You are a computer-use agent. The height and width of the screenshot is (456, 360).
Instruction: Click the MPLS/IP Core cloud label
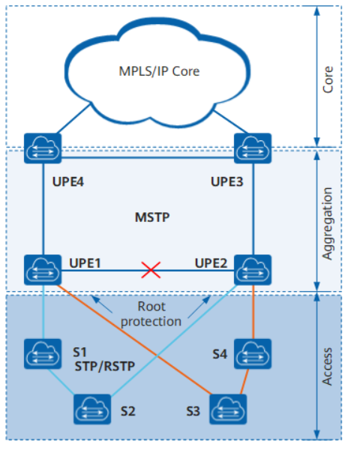pyautogui.click(x=159, y=71)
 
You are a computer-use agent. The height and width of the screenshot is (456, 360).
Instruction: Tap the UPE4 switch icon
pyautogui.click(x=43, y=148)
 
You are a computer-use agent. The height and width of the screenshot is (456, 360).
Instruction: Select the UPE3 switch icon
pyautogui.click(x=253, y=148)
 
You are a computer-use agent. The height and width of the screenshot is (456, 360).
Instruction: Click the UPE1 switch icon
pyautogui.click(x=43, y=270)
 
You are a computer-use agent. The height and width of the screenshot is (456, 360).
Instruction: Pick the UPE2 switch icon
pyautogui.click(x=253, y=270)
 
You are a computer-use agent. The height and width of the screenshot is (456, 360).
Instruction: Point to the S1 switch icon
pyautogui.click(x=43, y=354)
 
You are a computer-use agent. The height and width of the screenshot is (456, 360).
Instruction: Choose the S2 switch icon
pyautogui.click(x=92, y=409)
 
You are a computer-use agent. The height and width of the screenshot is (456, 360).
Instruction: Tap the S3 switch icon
pyautogui.click(x=228, y=409)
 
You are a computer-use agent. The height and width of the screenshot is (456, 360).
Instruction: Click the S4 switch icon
pyautogui.click(x=253, y=354)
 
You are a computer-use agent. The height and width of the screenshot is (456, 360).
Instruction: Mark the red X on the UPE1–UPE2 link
pyautogui.click(x=151, y=270)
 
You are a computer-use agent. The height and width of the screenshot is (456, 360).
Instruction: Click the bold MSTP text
pyautogui.click(x=152, y=217)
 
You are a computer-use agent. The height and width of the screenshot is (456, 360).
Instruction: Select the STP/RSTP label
pyautogui.click(x=105, y=366)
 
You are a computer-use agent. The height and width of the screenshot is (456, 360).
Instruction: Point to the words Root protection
pyautogui.click(x=151, y=314)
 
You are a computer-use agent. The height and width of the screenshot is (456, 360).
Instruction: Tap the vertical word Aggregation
pyautogui.click(x=328, y=223)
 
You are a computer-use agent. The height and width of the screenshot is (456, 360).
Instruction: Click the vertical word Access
pyautogui.click(x=328, y=367)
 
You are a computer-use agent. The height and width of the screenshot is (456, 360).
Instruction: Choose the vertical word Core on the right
pyautogui.click(x=328, y=79)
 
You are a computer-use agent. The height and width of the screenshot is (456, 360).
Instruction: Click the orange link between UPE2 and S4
pyautogui.click(x=253, y=312)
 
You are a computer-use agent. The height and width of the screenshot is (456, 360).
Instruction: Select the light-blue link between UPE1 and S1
pyautogui.click(x=43, y=312)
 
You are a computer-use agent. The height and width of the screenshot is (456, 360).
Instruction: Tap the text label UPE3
pyautogui.click(x=226, y=181)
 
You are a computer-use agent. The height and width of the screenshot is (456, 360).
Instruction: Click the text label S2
pyautogui.click(x=128, y=411)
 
